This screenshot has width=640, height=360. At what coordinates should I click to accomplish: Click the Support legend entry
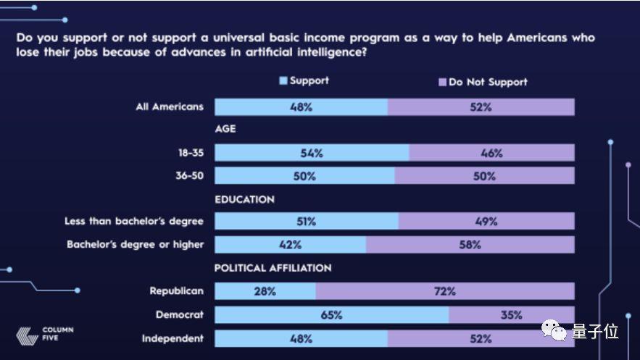tap(304, 81)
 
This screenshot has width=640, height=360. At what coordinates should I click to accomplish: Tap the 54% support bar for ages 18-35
tap(312, 153)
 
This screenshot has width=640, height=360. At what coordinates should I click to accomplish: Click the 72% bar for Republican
tap(445, 291)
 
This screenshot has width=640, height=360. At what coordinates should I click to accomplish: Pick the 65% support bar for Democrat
tap(332, 315)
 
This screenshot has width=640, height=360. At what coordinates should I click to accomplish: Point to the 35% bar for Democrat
tap(511, 315)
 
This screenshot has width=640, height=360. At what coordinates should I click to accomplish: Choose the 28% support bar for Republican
tap(265, 291)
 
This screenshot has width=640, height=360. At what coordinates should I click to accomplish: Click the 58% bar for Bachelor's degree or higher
tap(470, 245)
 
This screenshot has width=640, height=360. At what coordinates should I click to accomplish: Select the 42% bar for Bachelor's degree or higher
tap(291, 245)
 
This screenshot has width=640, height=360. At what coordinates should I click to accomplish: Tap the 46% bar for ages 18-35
tap(491, 153)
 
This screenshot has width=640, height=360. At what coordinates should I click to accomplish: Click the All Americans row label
tap(170, 107)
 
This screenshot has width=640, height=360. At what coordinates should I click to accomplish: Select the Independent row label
tap(173, 338)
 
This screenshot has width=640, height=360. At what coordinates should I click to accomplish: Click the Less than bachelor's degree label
tap(134, 221)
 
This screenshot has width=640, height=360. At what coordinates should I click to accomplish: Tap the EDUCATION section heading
tap(244, 199)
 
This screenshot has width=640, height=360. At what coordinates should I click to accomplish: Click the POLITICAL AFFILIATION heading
tap(273, 268)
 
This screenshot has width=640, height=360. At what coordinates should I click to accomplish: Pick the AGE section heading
tap(225, 130)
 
